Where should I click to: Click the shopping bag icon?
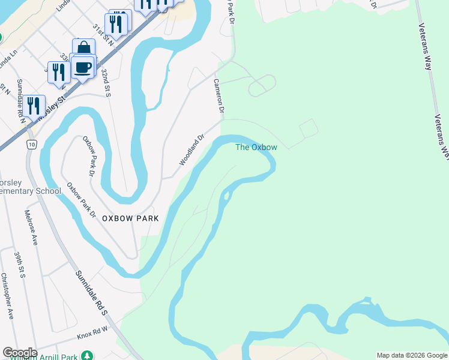[x=83, y=49]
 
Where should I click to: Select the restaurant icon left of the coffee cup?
[x=59, y=71]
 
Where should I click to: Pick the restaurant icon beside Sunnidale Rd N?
[x=34, y=106]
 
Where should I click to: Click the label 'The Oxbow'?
[x=256, y=147]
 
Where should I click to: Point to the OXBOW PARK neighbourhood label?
[x=130, y=218]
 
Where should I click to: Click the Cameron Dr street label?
[x=219, y=98]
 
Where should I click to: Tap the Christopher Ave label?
[x=7, y=296]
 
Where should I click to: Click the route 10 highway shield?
[x=31, y=144]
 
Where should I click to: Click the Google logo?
[x=20, y=353]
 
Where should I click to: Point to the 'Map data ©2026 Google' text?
[x=412, y=355]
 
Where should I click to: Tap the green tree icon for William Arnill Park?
[x=88, y=355]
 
